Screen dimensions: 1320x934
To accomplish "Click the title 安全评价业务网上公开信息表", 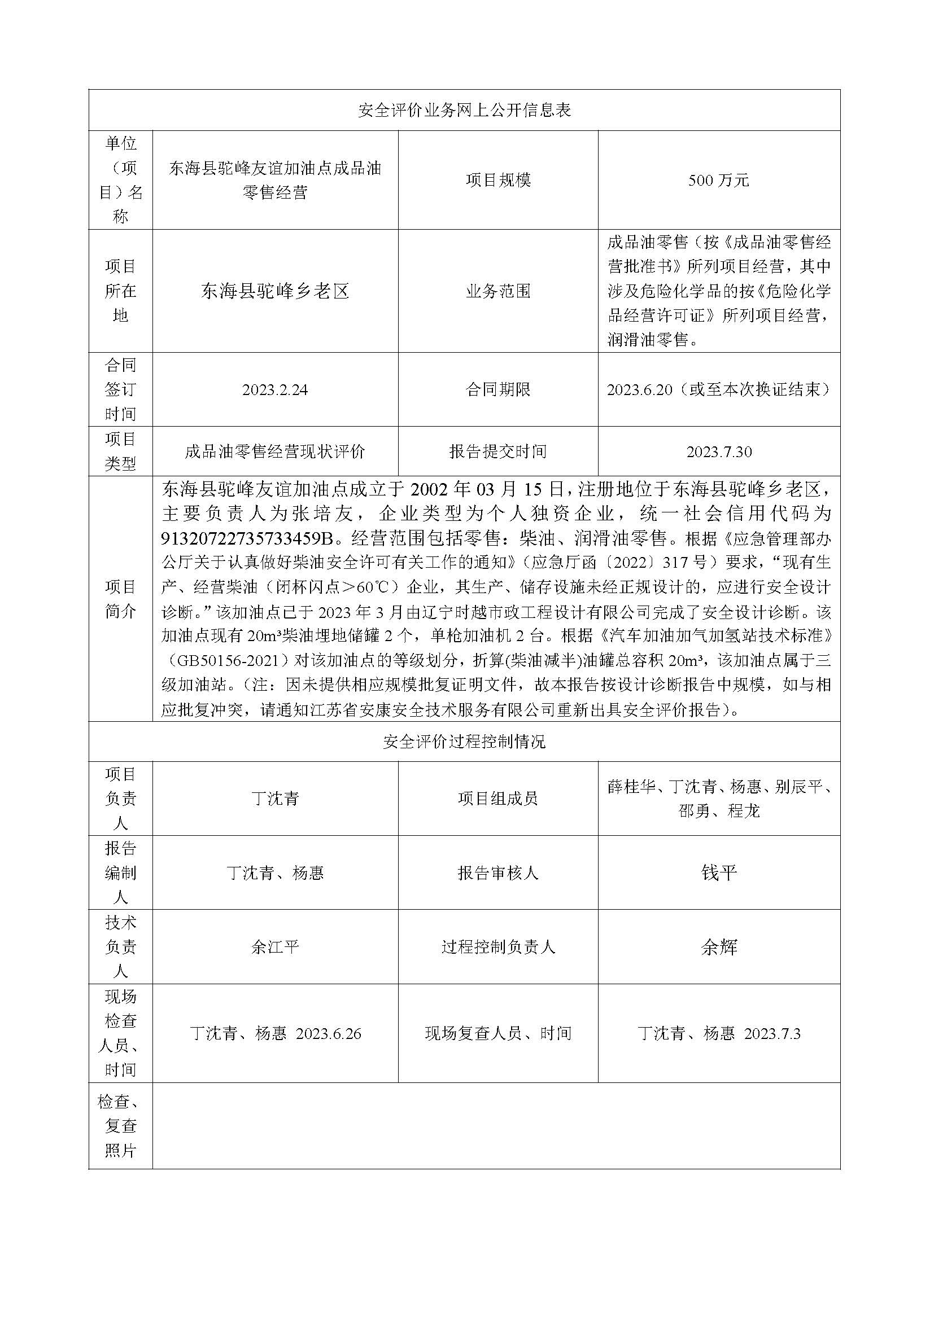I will tap(464, 111).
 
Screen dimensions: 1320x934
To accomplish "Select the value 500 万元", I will tap(718, 181).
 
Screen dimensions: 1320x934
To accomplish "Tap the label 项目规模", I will tap(498, 181).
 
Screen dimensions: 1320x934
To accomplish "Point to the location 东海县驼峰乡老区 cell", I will tap(275, 291).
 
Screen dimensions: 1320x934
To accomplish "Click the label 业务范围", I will tap(498, 291).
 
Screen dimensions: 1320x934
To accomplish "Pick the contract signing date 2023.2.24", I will tap(275, 390).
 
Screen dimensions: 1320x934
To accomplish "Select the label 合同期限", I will tap(498, 390).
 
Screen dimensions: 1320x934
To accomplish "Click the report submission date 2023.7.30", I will tap(718, 452).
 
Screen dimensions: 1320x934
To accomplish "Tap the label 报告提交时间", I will tap(498, 452).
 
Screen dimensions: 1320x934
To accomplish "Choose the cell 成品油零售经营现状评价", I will tap(275, 452).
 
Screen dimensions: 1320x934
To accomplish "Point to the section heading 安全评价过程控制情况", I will tap(464, 742).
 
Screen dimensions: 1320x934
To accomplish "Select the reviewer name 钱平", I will tap(718, 872).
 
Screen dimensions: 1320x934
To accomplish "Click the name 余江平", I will tap(275, 947).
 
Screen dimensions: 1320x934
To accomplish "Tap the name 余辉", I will tap(718, 947).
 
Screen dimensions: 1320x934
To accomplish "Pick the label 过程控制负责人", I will tap(498, 947).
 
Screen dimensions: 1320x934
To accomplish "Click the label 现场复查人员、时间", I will tap(498, 1033).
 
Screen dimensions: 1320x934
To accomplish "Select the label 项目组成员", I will tap(498, 798).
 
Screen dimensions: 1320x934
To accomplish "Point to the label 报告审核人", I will tap(498, 872).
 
